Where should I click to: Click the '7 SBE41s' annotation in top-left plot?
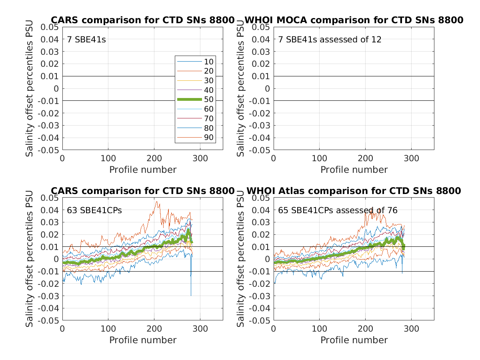click(86, 40)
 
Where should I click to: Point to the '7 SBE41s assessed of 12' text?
click(330, 40)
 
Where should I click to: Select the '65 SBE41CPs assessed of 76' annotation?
click(338, 210)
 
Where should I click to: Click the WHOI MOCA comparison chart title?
click(354, 20)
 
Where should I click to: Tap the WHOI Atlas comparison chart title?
click(354, 191)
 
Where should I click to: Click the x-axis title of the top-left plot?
click(143, 170)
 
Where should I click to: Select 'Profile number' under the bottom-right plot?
click(354, 340)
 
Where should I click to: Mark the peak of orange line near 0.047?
click(156, 202)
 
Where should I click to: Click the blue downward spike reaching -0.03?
click(191, 295)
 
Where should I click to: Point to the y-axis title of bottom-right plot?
click(241, 259)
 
